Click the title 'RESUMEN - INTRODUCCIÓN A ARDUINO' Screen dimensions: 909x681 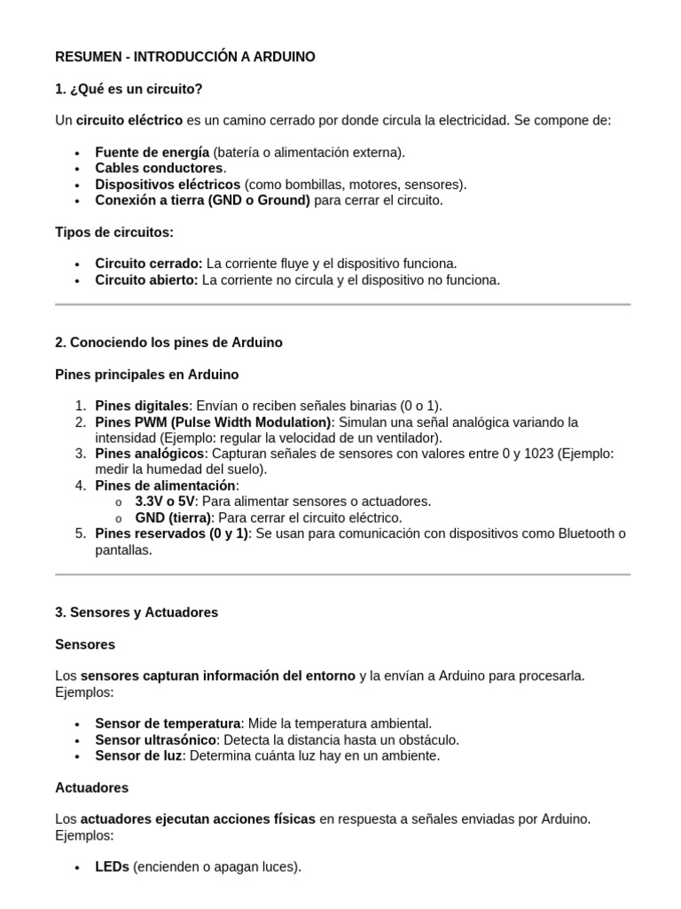pyautogui.click(x=184, y=57)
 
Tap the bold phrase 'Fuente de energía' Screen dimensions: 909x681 pyautogui.click(x=152, y=152)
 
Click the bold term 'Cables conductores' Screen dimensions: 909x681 pyautogui.click(x=159, y=168)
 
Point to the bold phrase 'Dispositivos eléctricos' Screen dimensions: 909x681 pyautogui.click(x=168, y=185)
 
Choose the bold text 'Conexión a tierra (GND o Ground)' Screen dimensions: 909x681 pyautogui.click(x=202, y=201)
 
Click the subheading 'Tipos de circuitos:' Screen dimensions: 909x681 pyautogui.click(x=114, y=232)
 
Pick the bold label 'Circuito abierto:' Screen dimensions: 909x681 pyautogui.click(x=147, y=280)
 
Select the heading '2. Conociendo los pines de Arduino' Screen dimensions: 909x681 pyautogui.click(x=168, y=343)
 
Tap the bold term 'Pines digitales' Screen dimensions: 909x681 pyautogui.click(x=142, y=406)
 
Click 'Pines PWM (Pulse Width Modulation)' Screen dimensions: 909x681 pyautogui.click(x=213, y=422)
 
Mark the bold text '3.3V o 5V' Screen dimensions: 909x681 pyautogui.click(x=164, y=502)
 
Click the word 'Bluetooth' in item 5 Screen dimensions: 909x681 pyautogui.click(x=587, y=534)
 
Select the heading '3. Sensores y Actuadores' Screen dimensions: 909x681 pyautogui.click(x=137, y=613)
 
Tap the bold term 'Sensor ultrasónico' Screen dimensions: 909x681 pyautogui.click(x=155, y=739)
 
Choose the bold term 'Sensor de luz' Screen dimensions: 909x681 pyautogui.click(x=137, y=756)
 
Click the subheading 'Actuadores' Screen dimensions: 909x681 pyautogui.click(x=91, y=787)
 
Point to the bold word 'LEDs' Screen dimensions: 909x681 pyautogui.click(x=112, y=866)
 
